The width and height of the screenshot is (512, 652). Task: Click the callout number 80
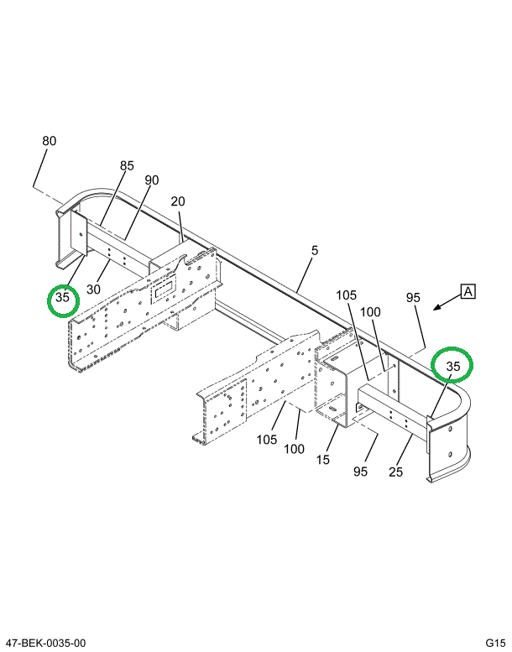tap(50, 141)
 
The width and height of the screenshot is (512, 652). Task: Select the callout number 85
tap(126, 166)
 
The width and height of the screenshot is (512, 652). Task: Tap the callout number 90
tap(151, 180)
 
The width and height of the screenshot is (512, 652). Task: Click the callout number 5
tap(315, 250)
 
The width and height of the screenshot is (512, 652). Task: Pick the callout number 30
tap(93, 288)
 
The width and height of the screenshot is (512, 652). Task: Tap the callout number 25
tap(395, 472)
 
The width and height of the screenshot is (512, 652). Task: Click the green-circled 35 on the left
tap(63, 299)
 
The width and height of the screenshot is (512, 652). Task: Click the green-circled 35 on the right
tap(453, 366)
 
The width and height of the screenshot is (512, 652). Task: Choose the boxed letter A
tap(468, 292)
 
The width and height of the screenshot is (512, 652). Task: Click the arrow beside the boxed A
tap(443, 305)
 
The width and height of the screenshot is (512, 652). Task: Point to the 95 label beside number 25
tap(360, 472)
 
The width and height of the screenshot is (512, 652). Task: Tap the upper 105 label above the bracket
tap(347, 295)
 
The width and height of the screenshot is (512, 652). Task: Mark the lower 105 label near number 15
tap(267, 439)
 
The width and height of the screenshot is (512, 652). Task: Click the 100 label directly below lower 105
tap(293, 449)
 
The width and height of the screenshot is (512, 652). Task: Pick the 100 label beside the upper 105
tap(370, 312)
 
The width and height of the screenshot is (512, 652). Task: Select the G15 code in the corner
tap(493, 643)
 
